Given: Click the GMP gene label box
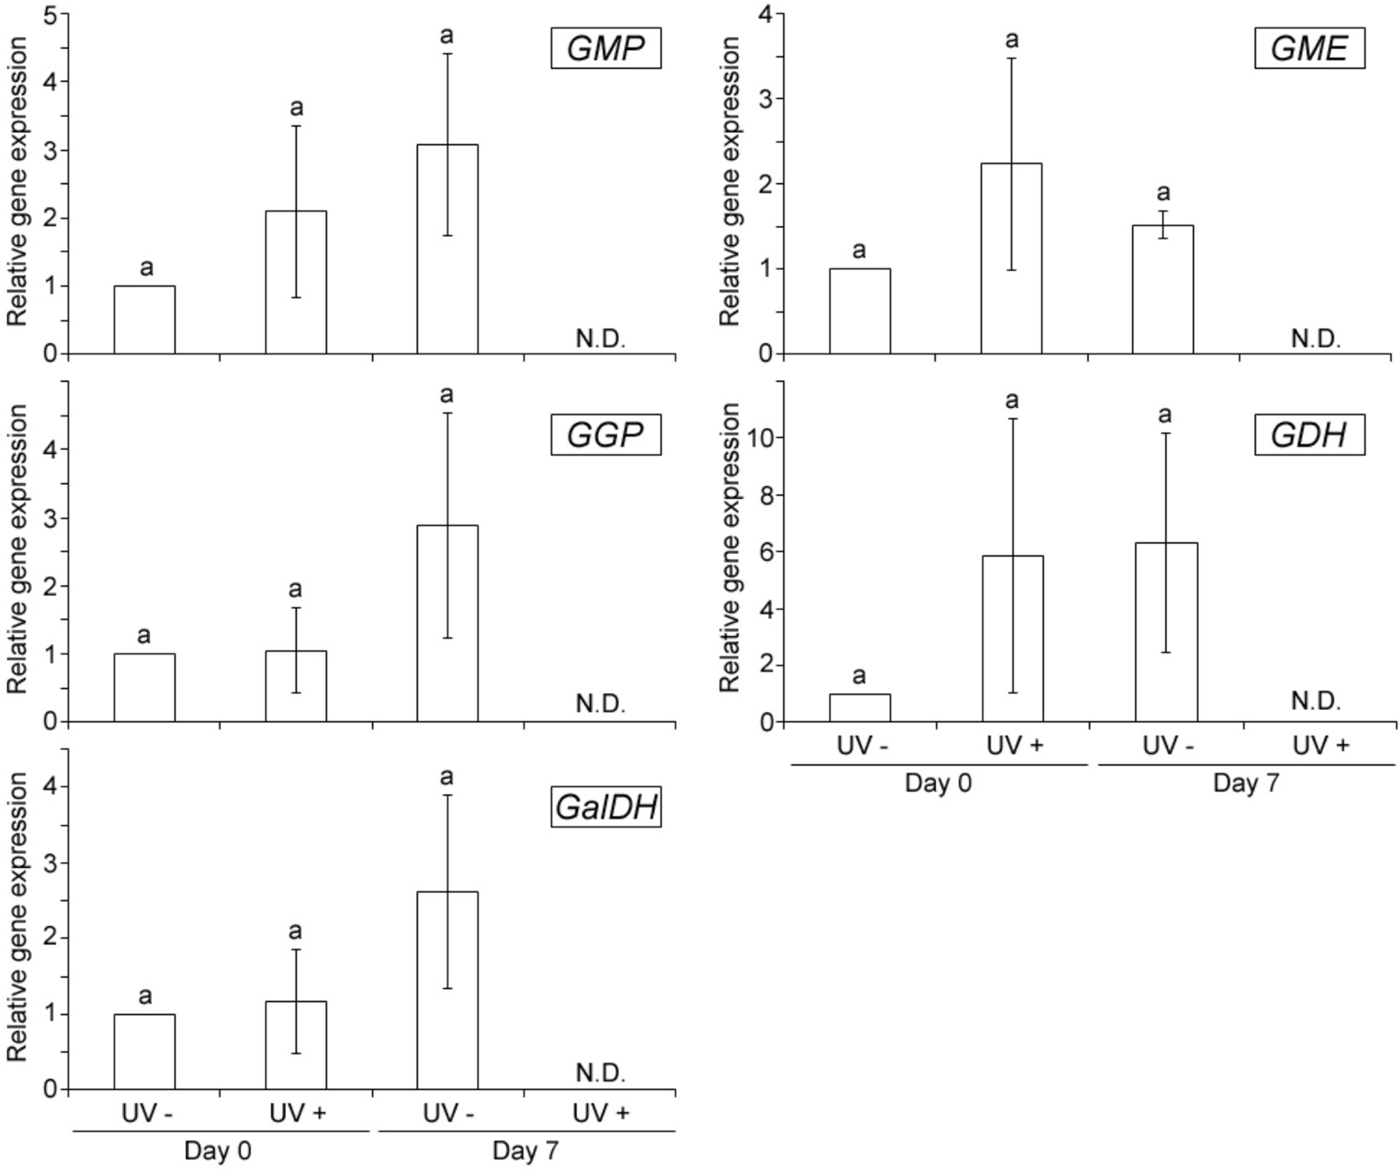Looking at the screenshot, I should click(605, 48).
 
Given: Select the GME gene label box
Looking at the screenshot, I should click(1309, 48).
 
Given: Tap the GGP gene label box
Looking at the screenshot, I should click(605, 434).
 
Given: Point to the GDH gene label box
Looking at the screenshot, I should click(1309, 434).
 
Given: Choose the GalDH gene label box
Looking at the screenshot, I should click(605, 807).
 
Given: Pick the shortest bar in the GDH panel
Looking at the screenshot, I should click(859, 707).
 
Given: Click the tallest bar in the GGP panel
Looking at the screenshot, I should click(447, 623).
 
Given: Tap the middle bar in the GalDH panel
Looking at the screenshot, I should click(296, 1045).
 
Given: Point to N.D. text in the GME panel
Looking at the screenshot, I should click(1316, 339).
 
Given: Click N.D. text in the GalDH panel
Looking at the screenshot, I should click(601, 1073).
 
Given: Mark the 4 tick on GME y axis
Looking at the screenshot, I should click(766, 13).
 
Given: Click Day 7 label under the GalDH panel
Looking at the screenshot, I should click(525, 1150).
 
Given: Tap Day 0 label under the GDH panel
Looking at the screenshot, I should click(938, 783).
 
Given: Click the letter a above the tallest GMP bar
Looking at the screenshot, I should click(447, 36).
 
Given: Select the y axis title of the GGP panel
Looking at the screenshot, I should click(17, 549).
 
